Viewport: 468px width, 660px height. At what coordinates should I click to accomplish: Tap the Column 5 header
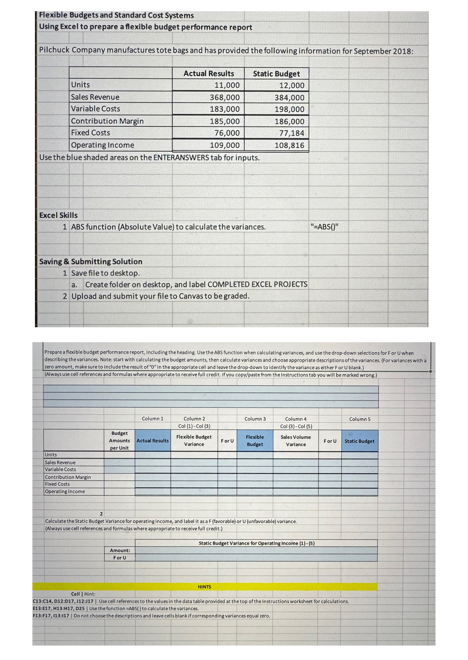coord(360,419)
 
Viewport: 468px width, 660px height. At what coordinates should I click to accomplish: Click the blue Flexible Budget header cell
coord(255,441)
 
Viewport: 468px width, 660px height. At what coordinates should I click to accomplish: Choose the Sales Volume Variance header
coord(296,441)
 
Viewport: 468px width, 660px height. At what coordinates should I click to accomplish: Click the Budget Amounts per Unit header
coord(119,441)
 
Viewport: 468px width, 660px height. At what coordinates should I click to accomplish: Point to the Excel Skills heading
coord(58,215)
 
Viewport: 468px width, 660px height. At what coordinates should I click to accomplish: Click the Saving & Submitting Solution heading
coord(91,262)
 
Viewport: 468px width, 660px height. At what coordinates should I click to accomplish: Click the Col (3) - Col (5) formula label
coord(296,426)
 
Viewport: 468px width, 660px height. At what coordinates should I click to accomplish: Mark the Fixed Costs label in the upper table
coord(90,133)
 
